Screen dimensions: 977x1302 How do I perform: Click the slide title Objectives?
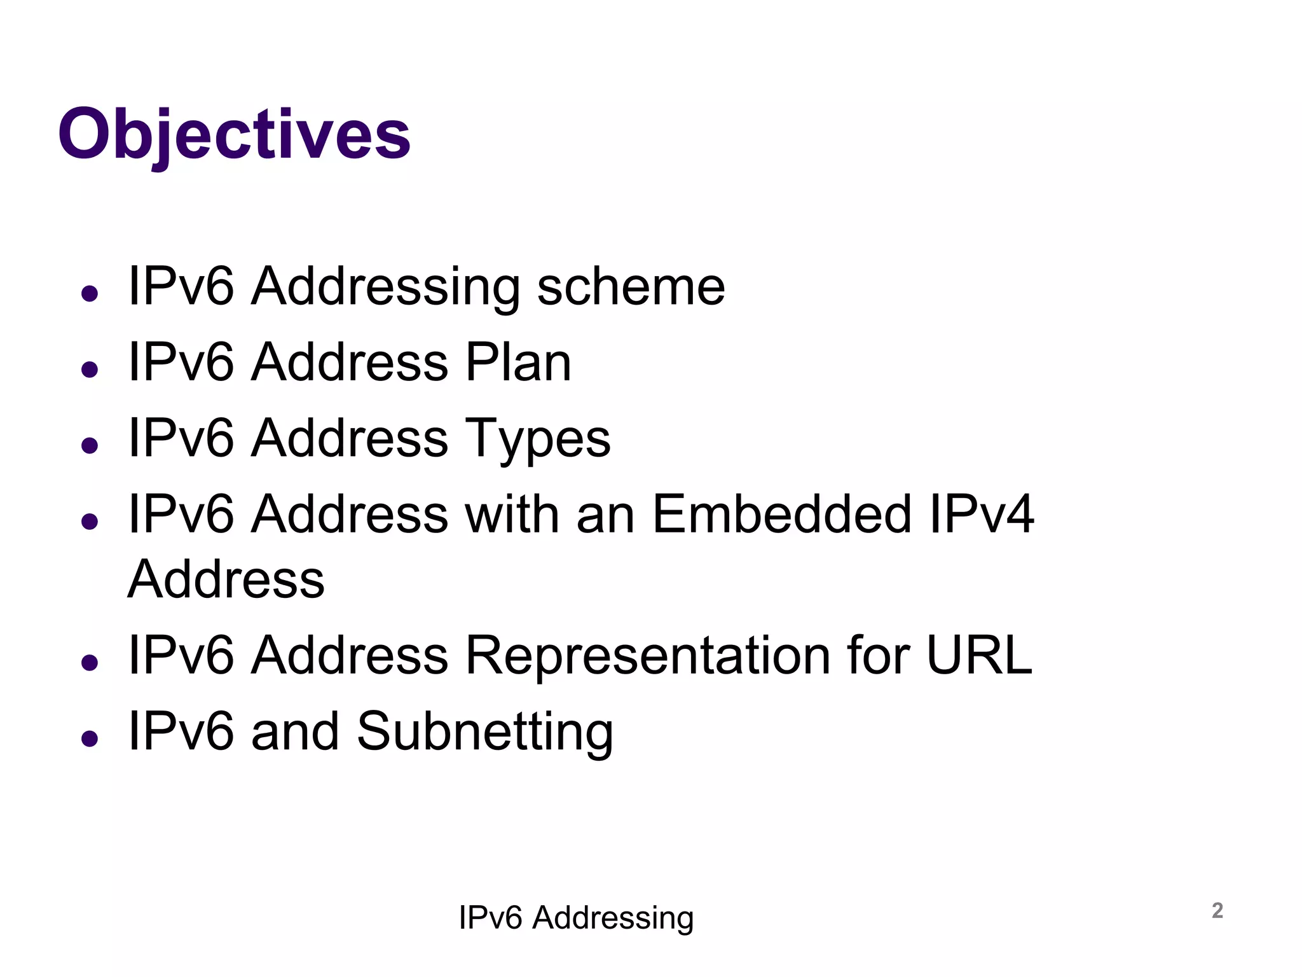coord(234,135)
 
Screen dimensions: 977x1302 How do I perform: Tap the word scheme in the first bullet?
coord(631,287)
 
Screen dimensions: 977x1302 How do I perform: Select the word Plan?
coord(518,363)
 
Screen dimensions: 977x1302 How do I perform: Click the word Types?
coord(538,439)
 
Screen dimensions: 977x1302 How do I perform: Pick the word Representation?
coord(648,655)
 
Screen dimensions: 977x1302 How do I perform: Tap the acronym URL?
coord(979,655)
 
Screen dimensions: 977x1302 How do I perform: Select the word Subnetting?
coord(485,731)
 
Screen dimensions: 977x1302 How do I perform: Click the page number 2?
coord(1217,910)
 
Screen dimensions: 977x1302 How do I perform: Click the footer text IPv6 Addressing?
coord(576,918)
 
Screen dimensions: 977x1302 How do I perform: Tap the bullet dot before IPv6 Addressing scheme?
coord(90,293)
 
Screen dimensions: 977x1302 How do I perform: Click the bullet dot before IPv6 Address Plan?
coord(90,370)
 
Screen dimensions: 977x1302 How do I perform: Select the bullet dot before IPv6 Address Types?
coord(90,445)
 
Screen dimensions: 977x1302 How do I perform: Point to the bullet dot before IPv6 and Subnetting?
coord(90,738)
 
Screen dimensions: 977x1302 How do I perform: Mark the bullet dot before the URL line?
coord(90,662)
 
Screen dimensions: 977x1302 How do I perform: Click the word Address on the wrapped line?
coord(226,579)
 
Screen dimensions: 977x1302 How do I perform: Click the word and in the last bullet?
coord(294,731)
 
